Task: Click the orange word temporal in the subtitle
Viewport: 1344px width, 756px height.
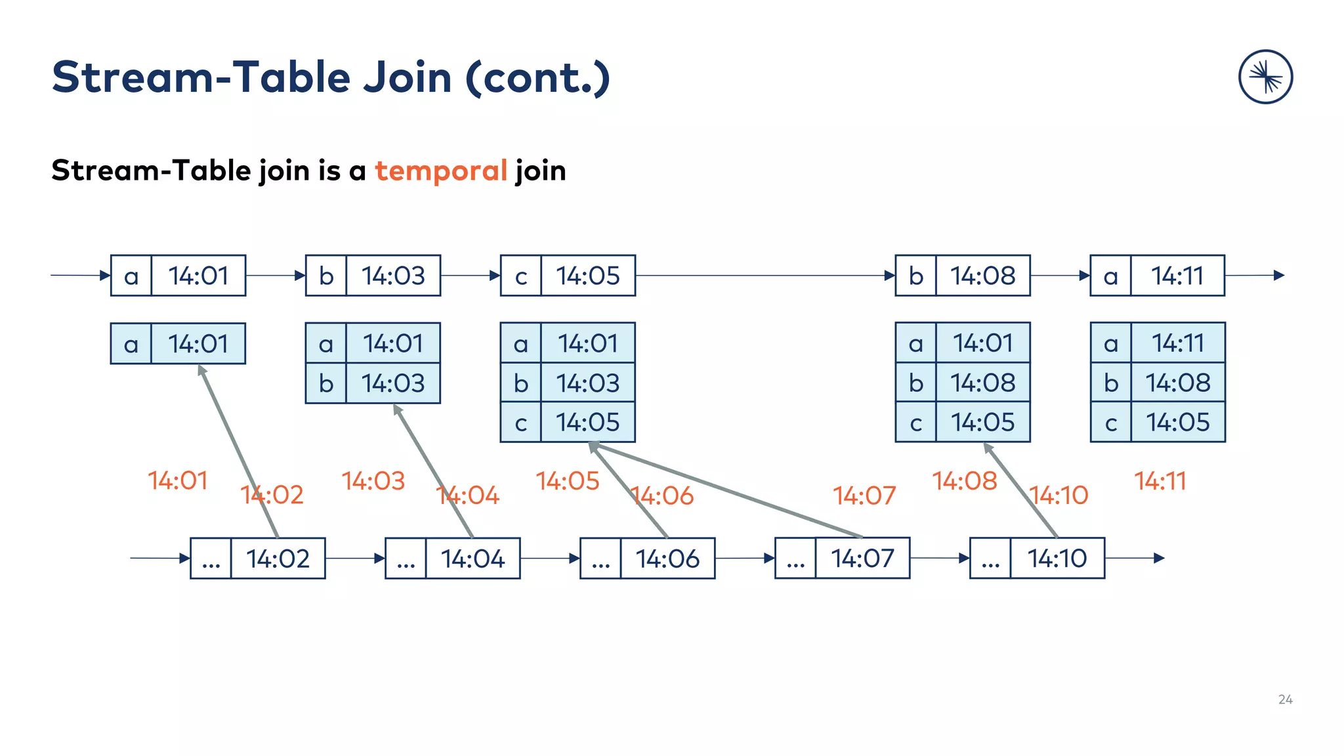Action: click(441, 171)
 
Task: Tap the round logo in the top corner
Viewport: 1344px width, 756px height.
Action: click(1265, 77)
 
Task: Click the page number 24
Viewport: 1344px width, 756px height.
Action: click(1285, 700)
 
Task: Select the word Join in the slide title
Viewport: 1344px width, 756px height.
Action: click(407, 77)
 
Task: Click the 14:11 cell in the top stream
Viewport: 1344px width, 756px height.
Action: click(1177, 276)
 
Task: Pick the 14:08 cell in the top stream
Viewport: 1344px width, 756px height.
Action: click(982, 276)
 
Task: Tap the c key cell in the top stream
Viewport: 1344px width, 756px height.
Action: click(521, 276)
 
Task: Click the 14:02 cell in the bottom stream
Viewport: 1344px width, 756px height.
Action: click(278, 558)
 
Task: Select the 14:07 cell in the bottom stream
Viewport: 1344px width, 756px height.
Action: click(862, 558)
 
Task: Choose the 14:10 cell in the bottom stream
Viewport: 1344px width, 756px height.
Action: click(1057, 558)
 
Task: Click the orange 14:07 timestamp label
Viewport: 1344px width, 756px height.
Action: click(864, 495)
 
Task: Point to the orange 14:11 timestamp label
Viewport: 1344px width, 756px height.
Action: click(1160, 481)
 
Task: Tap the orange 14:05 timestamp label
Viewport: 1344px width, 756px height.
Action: click(568, 481)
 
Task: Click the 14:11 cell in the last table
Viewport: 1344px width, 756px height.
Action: click(1177, 343)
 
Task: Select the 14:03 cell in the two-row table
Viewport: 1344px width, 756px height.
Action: click(393, 383)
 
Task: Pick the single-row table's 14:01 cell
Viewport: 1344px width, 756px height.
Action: click(198, 343)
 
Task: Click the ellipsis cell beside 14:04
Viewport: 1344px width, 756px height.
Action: click(406, 558)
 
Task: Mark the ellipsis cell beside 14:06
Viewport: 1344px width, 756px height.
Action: click(600, 558)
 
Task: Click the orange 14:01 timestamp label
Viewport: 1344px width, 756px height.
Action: click(178, 480)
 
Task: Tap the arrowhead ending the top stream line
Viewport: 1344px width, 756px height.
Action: click(1279, 276)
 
